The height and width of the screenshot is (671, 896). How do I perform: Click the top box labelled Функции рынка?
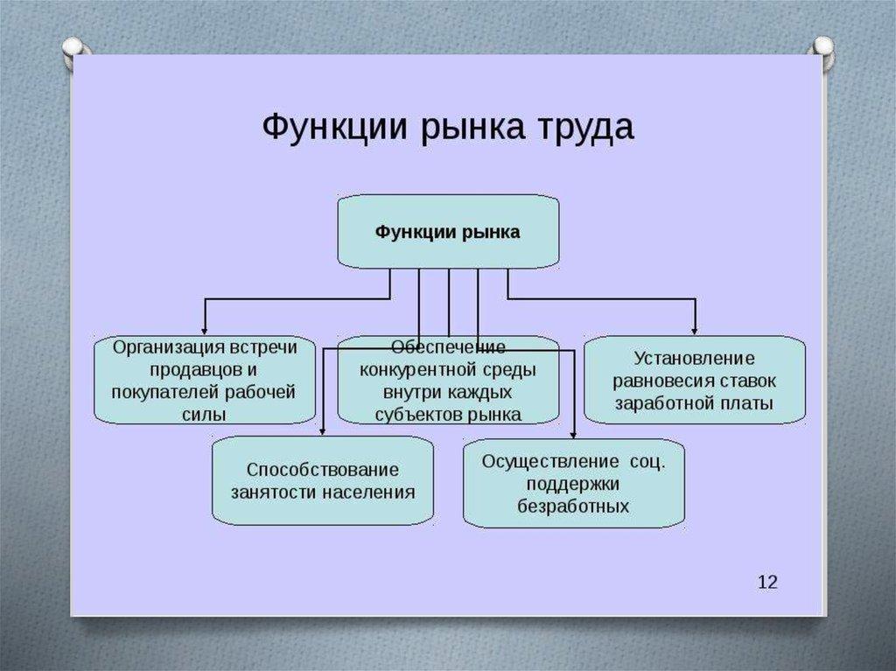click(448, 232)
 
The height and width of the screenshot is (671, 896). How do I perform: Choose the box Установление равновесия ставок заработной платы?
click(695, 381)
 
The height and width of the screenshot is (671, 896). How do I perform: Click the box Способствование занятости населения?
click(323, 480)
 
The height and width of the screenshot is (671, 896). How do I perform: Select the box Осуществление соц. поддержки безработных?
click(574, 483)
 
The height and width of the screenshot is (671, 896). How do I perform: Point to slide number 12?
click(766, 582)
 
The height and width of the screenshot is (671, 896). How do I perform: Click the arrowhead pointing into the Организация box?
click(205, 330)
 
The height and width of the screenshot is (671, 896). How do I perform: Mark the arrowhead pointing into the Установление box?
click(695, 330)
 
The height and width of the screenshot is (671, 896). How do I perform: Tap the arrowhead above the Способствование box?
click(323, 430)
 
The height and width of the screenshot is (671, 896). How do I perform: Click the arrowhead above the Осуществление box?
click(574, 433)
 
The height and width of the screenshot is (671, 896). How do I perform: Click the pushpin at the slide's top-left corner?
click(73, 48)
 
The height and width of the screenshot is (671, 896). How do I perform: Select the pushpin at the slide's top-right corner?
click(822, 49)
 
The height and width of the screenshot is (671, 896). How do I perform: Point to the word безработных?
click(573, 506)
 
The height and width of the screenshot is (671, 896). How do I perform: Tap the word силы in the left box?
click(204, 414)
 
